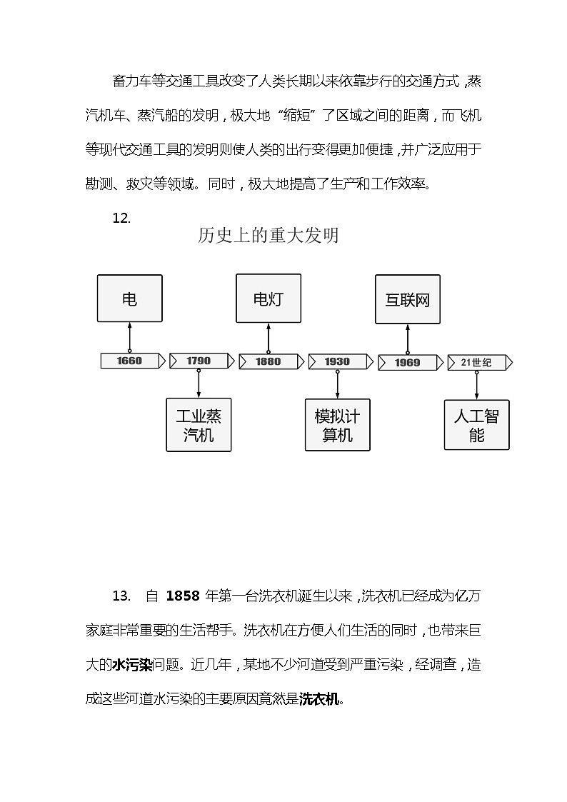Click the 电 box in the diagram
pos(129,299)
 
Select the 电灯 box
pos(269,299)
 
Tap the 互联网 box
pos(407,299)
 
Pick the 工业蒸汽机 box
pos(199,425)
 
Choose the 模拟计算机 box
pos(337,425)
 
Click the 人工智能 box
pos(476,425)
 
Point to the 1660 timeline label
pos(131,361)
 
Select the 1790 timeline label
pos(199,361)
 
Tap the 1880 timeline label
pos(269,361)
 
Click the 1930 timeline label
pos(338,361)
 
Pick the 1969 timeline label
pos(407,363)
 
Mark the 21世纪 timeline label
pos(476,363)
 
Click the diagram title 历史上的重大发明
pos(268,236)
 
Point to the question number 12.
pos(121,219)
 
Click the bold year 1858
pos(182,596)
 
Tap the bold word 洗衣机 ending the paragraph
pos(319,699)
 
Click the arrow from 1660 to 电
pos(129,336)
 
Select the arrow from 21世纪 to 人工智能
pos(476,385)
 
